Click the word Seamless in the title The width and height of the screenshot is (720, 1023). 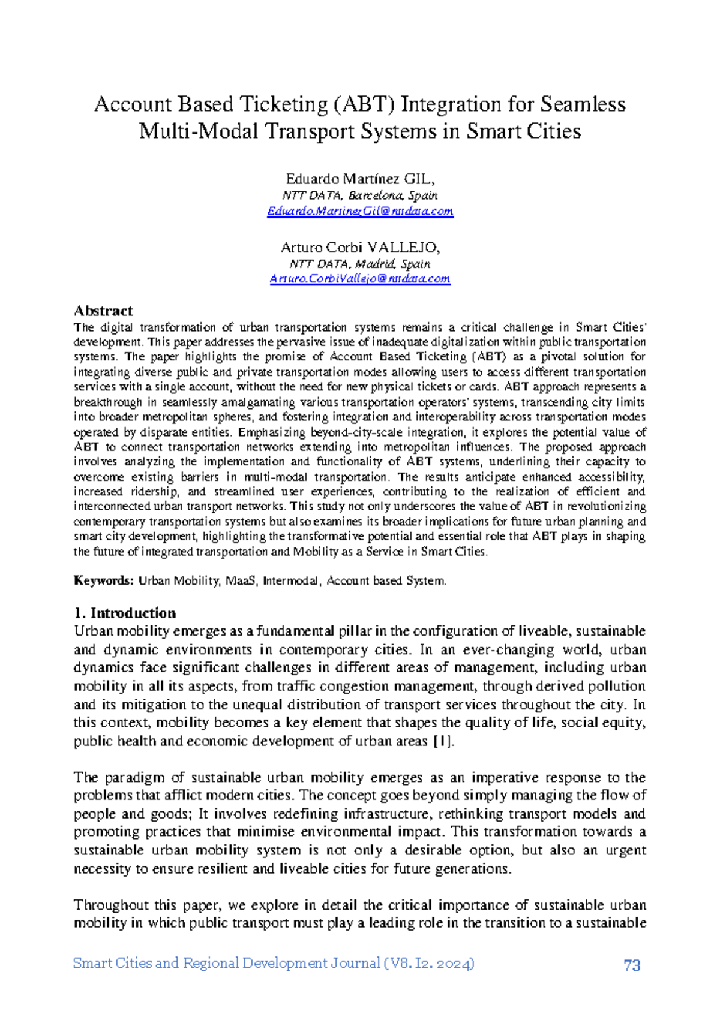(583, 105)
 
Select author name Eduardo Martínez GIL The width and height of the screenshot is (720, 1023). (359, 179)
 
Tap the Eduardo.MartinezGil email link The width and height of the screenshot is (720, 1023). (360, 211)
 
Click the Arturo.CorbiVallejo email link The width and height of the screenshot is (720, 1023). (360, 279)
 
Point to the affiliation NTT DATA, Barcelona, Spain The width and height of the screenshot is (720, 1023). (360, 195)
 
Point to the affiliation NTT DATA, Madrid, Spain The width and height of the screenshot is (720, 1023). (360, 264)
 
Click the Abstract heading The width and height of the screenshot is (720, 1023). (103, 311)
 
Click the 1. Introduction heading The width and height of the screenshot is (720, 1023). (125, 613)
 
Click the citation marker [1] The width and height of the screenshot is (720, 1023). (443, 741)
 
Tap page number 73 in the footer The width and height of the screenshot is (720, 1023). (632, 965)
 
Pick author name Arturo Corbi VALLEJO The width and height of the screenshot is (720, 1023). (360, 248)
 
